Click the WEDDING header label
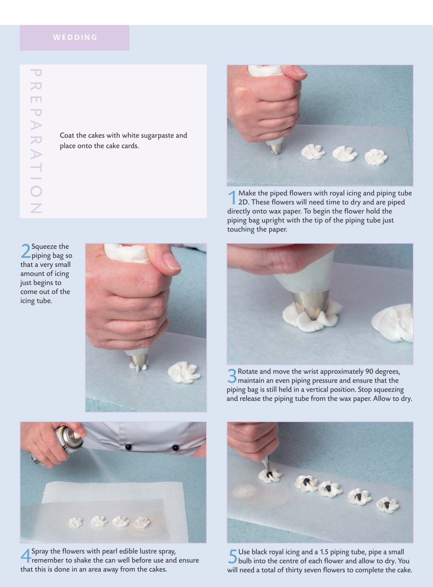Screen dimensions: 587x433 (75, 38)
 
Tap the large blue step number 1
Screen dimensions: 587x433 (232, 198)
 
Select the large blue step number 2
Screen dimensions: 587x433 (25, 251)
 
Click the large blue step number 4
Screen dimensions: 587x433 (25, 555)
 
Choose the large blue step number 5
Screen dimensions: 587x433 (232, 556)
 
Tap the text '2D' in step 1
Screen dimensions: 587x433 (243, 202)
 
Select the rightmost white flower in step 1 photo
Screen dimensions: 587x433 (376, 157)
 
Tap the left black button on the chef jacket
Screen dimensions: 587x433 (128, 447)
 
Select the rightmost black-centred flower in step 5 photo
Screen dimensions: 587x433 (387, 505)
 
